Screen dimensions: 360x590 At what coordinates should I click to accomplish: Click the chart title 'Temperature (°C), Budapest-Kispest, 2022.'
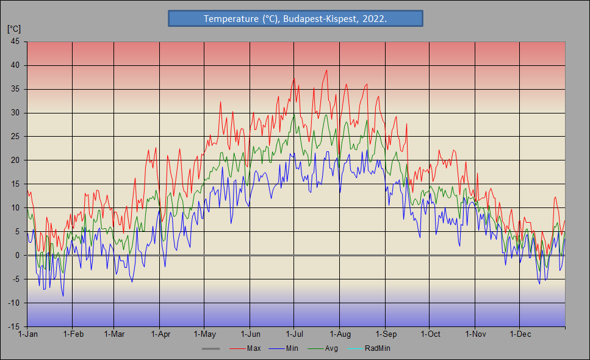[295, 19]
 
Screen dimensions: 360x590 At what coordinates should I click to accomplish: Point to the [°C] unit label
[14, 29]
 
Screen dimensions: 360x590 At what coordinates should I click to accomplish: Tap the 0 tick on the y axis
[17, 255]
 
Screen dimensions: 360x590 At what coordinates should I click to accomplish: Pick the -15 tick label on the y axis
[13, 326]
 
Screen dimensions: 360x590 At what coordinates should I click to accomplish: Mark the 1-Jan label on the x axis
[28, 334]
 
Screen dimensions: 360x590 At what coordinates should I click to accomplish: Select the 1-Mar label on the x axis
[114, 334]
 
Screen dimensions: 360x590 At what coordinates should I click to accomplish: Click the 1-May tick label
[204, 334]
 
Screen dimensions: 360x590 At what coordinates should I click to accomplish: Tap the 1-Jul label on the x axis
[294, 334]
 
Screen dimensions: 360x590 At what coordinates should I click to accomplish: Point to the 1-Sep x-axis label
[385, 334]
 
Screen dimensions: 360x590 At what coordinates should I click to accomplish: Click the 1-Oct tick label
[430, 334]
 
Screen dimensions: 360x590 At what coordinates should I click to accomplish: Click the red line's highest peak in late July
[327, 70]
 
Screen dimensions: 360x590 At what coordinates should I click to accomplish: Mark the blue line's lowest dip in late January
[62, 296]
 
